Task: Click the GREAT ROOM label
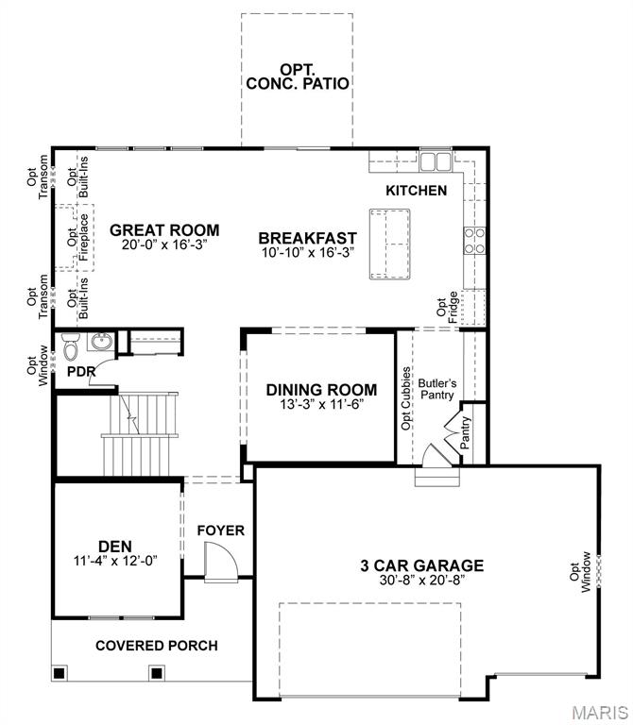click(x=164, y=229)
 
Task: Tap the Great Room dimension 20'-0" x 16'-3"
click(x=164, y=244)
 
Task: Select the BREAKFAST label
click(x=307, y=238)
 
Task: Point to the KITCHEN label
click(x=416, y=191)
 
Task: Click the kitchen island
click(x=389, y=244)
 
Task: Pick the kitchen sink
click(x=436, y=162)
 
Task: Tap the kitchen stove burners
click(x=474, y=241)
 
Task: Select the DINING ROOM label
click(x=321, y=389)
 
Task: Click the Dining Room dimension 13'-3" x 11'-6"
click(x=321, y=404)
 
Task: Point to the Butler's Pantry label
click(x=437, y=389)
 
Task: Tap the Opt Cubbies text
click(x=406, y=398)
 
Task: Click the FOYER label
click(x=220, y=531)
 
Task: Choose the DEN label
click(x=114, y=545)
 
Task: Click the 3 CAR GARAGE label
click(x=421, y=565)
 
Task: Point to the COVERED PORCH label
click(x=156, y=646)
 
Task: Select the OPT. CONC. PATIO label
click(x=298, y=76)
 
